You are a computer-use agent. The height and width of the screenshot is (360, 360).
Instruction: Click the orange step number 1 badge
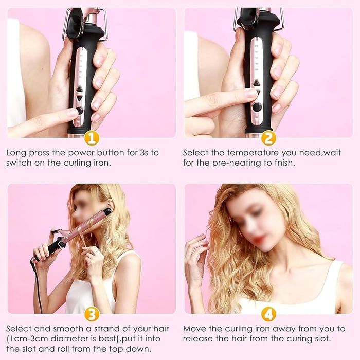[92, 138]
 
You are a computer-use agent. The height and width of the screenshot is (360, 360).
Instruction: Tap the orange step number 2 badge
[268, 138]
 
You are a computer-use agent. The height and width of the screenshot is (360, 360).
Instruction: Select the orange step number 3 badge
[92, 314]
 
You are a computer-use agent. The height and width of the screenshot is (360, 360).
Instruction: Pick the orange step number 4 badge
[268, 314]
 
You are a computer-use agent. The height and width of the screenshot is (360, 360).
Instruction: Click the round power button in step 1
[79, 111]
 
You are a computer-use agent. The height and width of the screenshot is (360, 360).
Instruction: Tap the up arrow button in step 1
[79, 88]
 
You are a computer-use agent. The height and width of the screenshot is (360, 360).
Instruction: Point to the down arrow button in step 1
[79, 99]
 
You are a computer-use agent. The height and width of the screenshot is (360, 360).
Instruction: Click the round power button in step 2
[257, 107]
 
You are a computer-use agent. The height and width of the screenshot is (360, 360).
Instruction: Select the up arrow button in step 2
[256, 83]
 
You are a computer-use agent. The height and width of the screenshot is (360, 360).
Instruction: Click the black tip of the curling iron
[107, 210]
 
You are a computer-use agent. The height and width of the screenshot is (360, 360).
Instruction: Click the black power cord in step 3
[37, 287]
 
